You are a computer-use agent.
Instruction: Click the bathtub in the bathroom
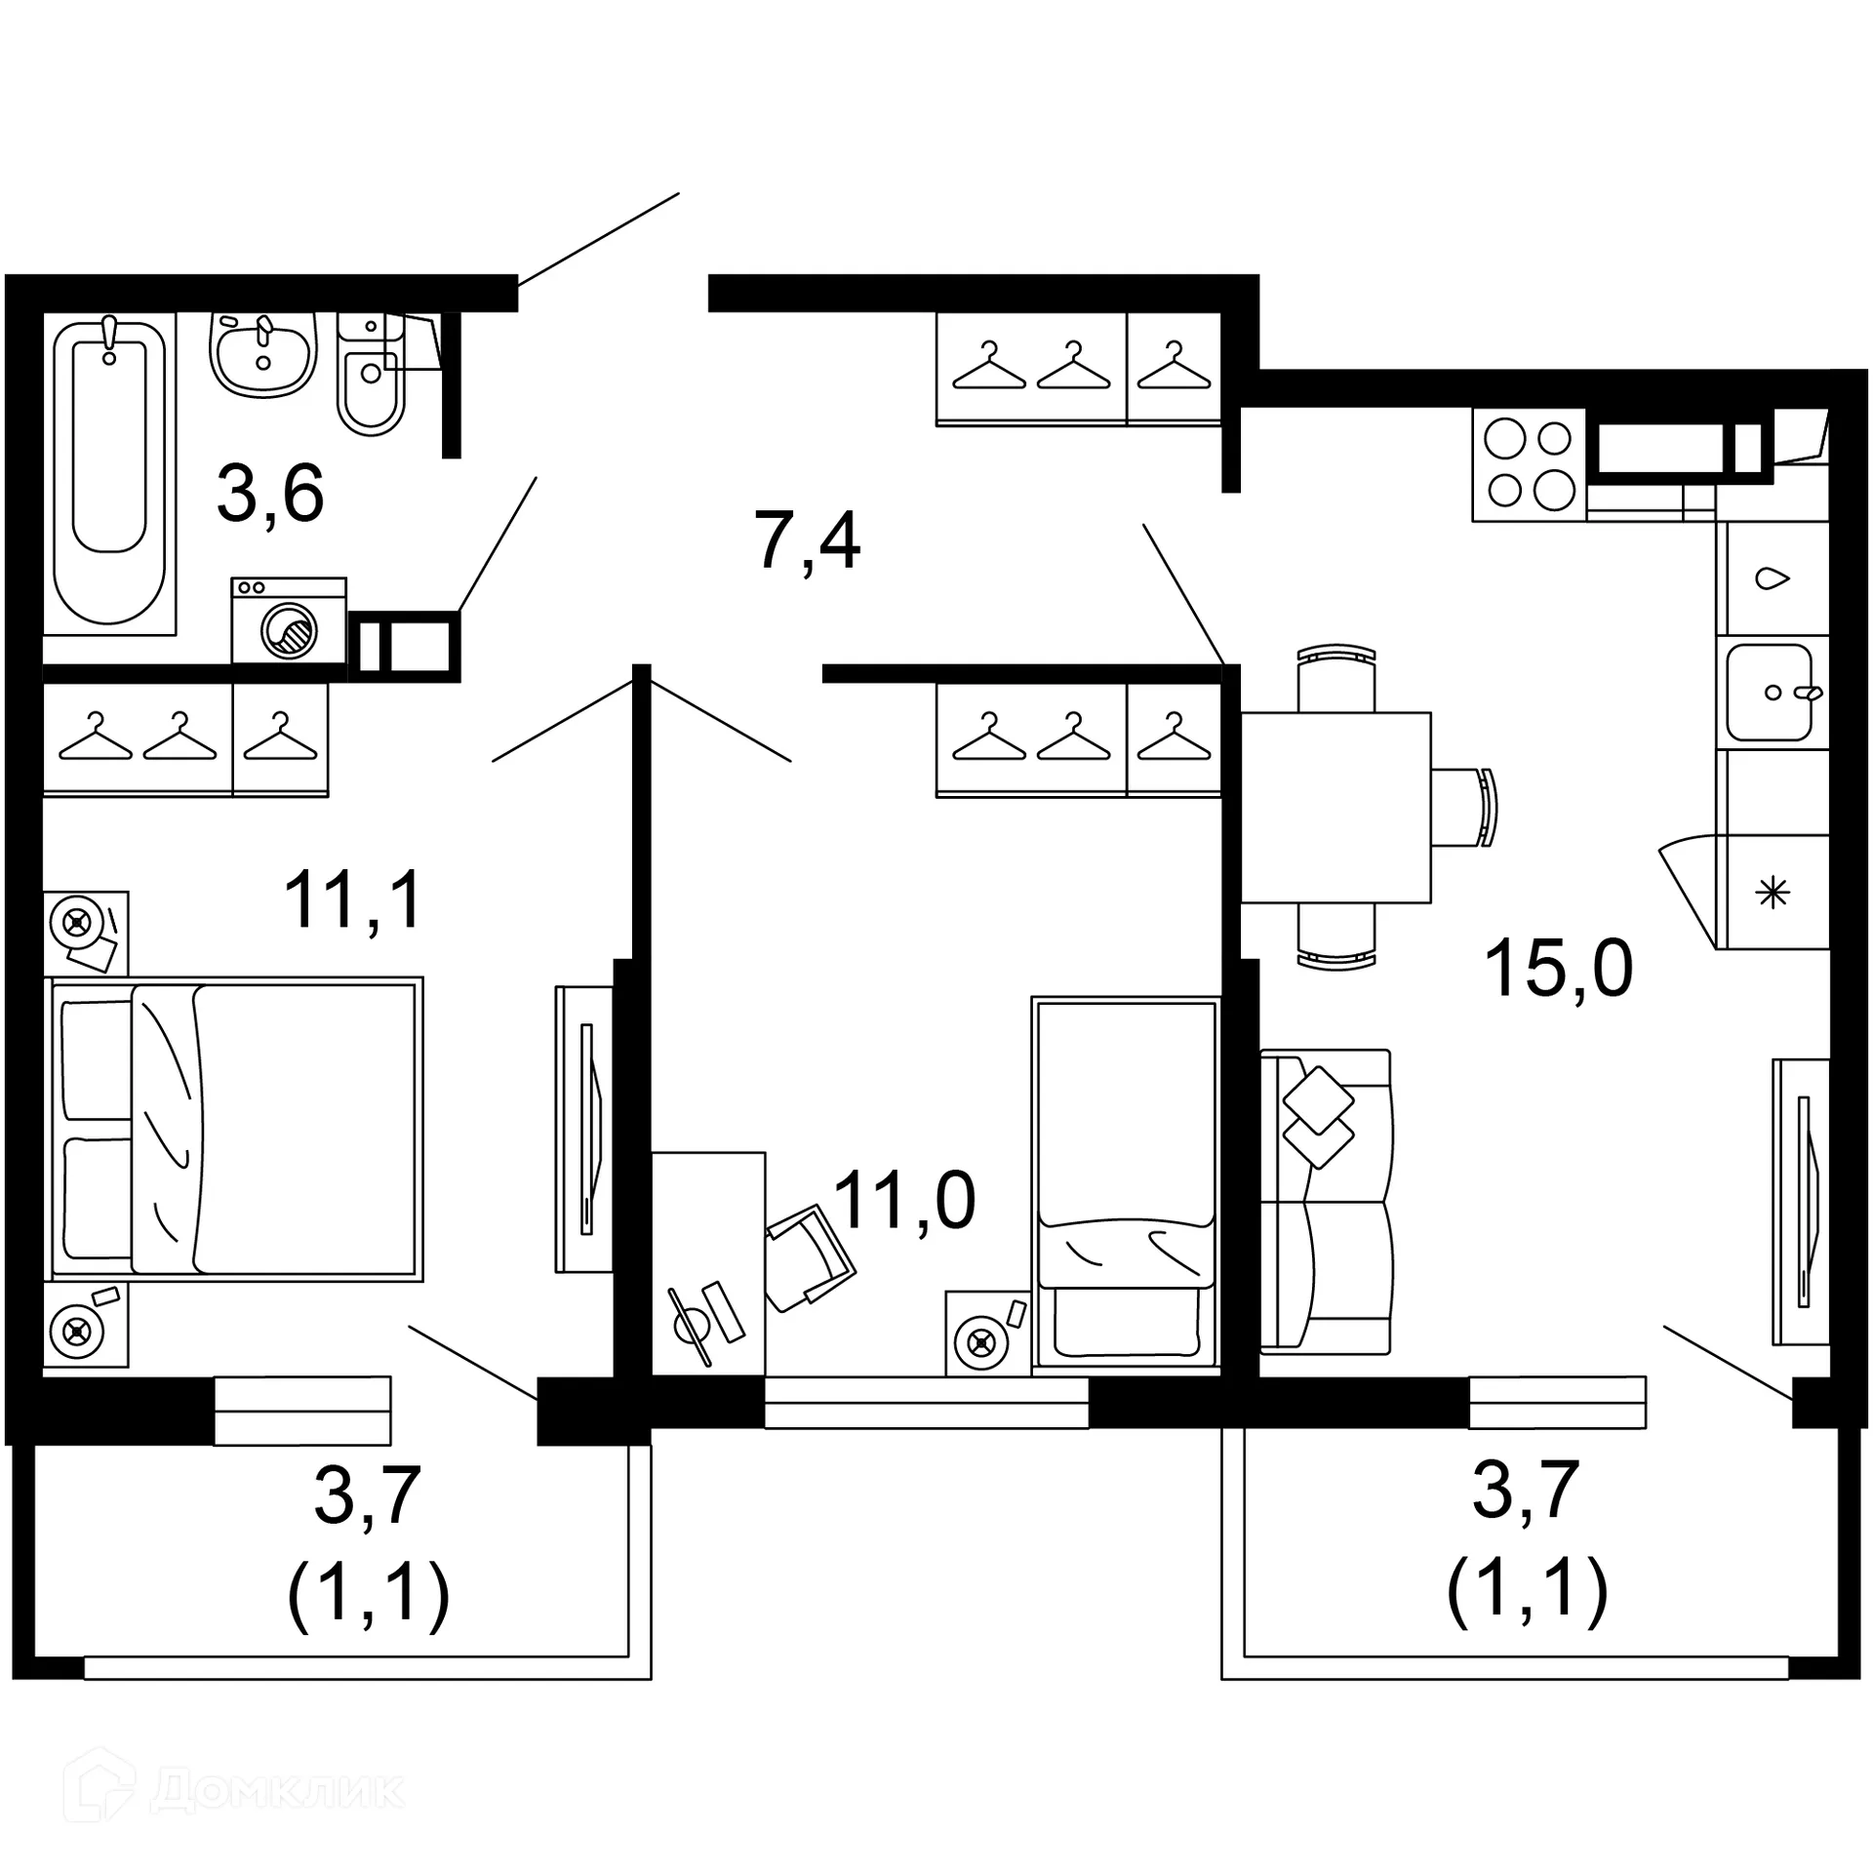pyautogui.click(x=109, y=473)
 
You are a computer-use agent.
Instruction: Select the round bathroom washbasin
pyautogui.click(x=263, y=353)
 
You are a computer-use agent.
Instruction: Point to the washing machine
pyautogui.click(x=289, y=621)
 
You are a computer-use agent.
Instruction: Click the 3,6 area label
pyautogui.click(x=270, y=495)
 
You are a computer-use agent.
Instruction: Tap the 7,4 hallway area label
pyautogui.click(x=808, y=541)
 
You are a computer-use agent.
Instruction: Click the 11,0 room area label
pyautogui.click(x=904, y=1201)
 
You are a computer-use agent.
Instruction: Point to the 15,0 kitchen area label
pyautogui.click(x=1558, y=969)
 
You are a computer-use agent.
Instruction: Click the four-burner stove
pyautogui.click(x=1529, y=464)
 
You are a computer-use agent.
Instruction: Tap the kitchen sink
pyautogui.click(x=1771, y=692)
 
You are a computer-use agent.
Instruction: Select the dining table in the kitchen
pyautogui.click(x=1335, y=807)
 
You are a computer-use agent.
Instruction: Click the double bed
pyautogui.click(x=234, y=1129)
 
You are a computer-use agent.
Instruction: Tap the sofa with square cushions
pyautogui.click(x=1326, y=1201)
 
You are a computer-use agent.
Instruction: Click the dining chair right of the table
pyautogui.click(x=1465, y=807)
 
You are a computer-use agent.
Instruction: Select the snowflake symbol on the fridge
pyautogui.click(x=1772, y=893)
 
